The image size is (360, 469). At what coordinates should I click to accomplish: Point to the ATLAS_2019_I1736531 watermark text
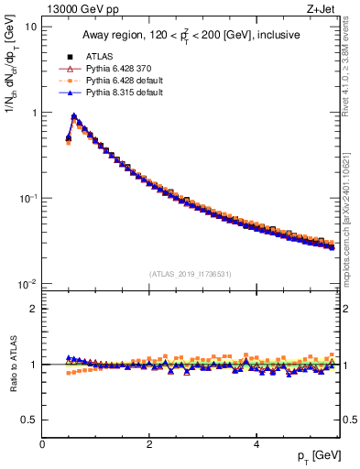[190, 273]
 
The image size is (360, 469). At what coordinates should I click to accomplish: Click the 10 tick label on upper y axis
[31, 27]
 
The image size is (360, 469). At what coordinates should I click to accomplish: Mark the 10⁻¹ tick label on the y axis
[27, 198]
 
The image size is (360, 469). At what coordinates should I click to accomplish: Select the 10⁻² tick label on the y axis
[27, 284]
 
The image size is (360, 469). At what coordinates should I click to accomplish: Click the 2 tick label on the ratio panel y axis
[33, 309]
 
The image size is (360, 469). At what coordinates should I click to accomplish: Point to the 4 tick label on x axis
[256, 443]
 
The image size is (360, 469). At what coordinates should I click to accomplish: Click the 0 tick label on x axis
[42, 443]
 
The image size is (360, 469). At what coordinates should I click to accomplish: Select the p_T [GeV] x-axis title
[319, 456]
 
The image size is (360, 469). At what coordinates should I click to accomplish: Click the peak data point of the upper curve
[73, 116]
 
